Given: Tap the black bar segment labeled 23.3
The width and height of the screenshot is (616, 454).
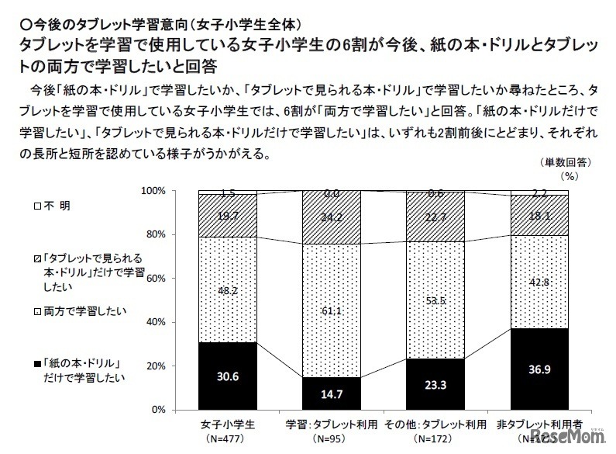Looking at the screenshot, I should click(x=435, y=383).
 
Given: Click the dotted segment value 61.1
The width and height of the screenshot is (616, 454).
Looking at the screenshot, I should click(x=331, y=310).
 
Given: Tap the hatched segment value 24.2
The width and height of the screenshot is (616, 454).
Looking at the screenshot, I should click(x=331, y=217).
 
